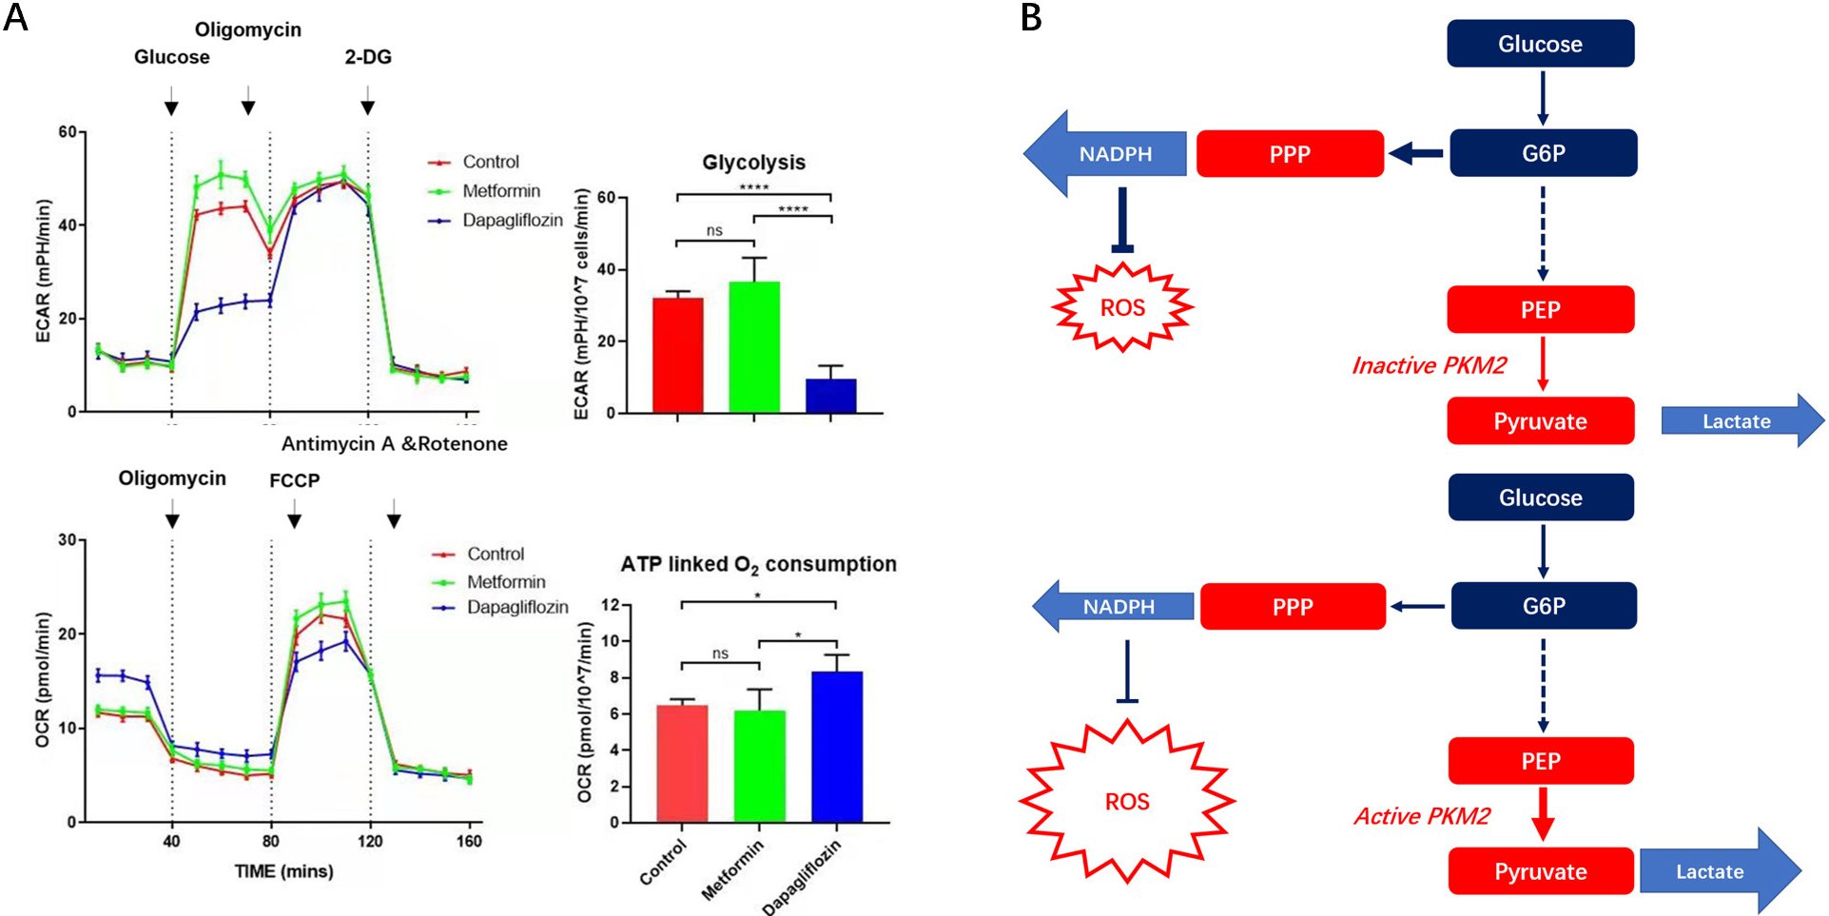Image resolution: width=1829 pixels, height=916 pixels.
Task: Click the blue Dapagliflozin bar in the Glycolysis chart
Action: (x=830, y=396)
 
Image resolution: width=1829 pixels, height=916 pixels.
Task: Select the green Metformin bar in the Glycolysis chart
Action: (x=753, y=347)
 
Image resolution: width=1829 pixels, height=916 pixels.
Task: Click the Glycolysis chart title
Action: (x=753, y=163)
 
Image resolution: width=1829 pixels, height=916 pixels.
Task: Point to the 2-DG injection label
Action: (x=368, y=57)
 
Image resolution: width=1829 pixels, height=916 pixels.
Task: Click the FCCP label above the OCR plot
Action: (x=294, y=480)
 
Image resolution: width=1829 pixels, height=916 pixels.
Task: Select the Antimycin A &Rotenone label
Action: (x=394, y=444)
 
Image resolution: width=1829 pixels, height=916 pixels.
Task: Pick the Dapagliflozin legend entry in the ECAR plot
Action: (x=512, y=221)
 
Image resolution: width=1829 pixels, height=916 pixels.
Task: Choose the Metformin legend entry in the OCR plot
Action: (x=505, y=582)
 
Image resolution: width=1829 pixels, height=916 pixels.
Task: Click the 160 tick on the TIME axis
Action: (x=469, y=841)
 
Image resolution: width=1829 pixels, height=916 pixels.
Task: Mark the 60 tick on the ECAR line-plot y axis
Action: (x=68, y=131)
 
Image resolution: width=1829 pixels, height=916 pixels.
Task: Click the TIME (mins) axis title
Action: (x=283, y=871)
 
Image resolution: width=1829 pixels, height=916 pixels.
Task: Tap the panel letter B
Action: (x=1031, y=18)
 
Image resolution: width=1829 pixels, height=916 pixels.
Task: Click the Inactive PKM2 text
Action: (x=1429, y=366)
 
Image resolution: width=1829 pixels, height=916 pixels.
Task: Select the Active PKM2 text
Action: (x=1422, y=816)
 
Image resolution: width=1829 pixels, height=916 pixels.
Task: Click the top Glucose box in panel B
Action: (x=1540, y=44)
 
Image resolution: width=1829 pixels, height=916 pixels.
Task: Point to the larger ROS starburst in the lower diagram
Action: (x=1127, y=802)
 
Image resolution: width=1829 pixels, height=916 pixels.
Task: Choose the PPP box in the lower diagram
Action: (x=1293, y=607)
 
